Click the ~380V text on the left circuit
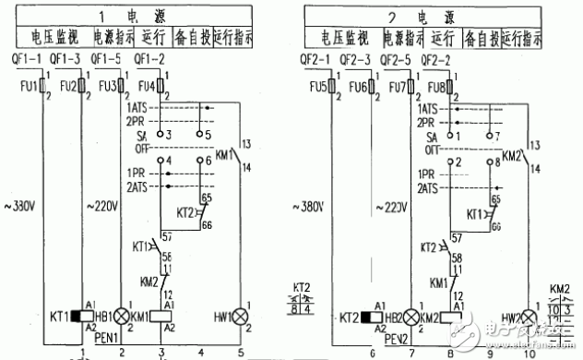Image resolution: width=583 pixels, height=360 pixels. pyautogui.click(x=22, y=206)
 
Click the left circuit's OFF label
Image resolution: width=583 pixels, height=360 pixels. pyautogui.click(x=141, y=147)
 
